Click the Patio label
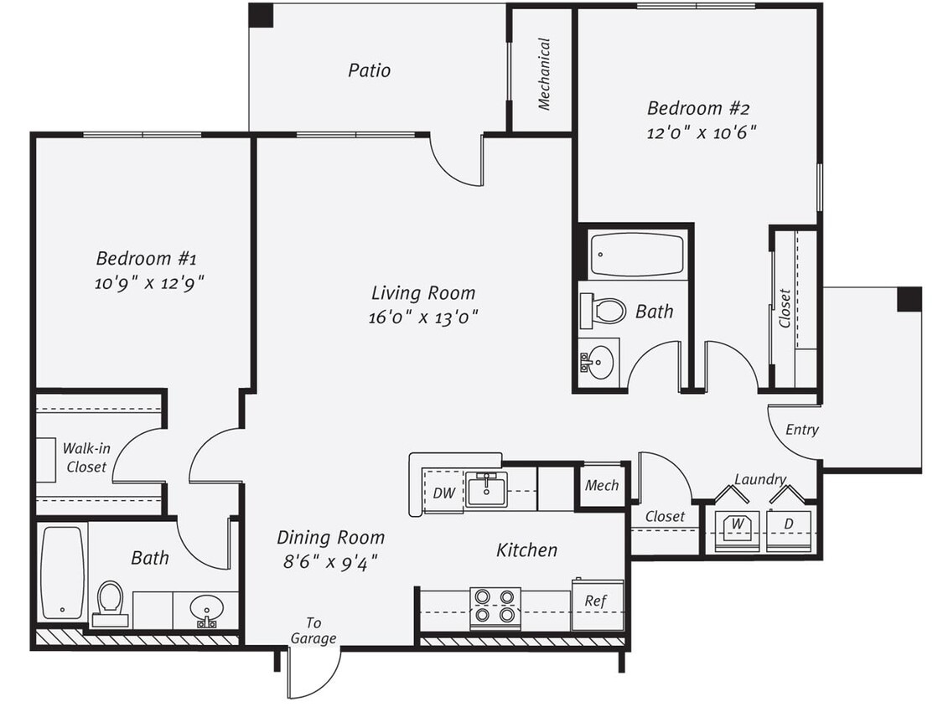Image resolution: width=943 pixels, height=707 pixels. pyautogui.click(x=370, y=70)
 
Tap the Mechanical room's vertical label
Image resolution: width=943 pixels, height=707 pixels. pyautogui.click(x=544, y=74)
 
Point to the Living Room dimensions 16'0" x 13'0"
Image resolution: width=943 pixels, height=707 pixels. pyautogui.click(x=423, y=317)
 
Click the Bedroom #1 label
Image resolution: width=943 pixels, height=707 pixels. pyautogui.click(x=146, y=257)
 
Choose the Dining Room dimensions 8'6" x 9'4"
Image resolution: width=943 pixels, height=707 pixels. pyautogui.click(x=329, y=561)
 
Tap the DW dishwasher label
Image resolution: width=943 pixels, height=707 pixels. pyautogui.click(x=444, y=493)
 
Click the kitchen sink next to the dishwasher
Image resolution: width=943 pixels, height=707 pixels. pyautogui.click(x=487, y=489)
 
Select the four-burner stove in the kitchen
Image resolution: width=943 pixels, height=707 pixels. pyautogui.click(x=495, y=607)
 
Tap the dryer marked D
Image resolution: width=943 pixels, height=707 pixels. pyautogui.click(x=789, y=528)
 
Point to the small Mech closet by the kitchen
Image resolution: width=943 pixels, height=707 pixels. pyautogui.click(x=602, y=486)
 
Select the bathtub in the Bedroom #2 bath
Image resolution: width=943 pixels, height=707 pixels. pyautogui.click(x=636, y=255)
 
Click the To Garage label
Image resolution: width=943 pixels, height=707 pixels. pyautogui.click(x=313, y=631)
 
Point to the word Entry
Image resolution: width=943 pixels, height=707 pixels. pyautogui.click(x=801, y=430)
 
